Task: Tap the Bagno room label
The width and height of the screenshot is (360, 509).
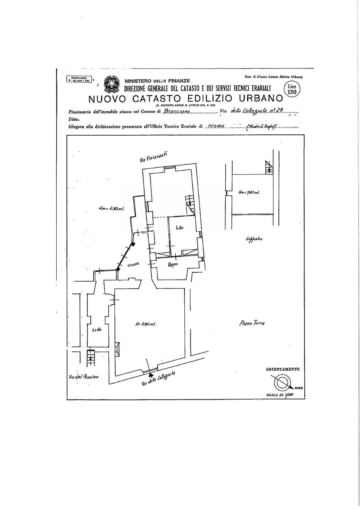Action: click(x=172, y=264)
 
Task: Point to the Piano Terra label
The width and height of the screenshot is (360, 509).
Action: click(x=252, y=323)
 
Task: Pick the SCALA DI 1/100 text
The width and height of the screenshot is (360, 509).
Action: click(x=281, y=395)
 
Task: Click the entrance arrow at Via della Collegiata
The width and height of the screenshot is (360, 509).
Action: click(x=151, y=375)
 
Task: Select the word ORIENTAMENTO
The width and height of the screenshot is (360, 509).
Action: click(x=283, y=369)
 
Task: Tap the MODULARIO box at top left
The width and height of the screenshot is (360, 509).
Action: click(x=79, y=79)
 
